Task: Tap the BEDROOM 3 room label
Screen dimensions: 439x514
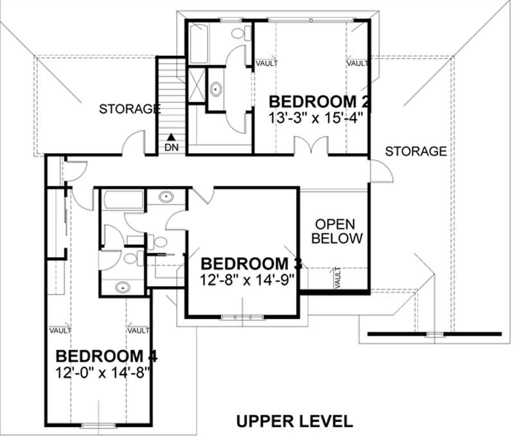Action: [x=253, y=264]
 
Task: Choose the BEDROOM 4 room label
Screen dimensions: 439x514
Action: [x=107, y=356]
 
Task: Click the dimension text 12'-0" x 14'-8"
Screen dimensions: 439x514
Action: [x=103, y=372]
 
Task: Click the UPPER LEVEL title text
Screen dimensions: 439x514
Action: [x=294, y=421]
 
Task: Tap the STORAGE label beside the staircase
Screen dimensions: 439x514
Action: [x=129, y=109]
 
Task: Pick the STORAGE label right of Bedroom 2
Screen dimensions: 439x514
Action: [x=416, y=151]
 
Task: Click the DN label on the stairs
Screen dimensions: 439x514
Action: [x=172, y=147]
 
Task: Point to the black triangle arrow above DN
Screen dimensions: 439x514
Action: [x=172, y=136]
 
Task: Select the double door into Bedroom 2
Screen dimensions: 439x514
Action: [x=311, y=147]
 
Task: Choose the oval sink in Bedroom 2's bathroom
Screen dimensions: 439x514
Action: [x=217, y=88]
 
